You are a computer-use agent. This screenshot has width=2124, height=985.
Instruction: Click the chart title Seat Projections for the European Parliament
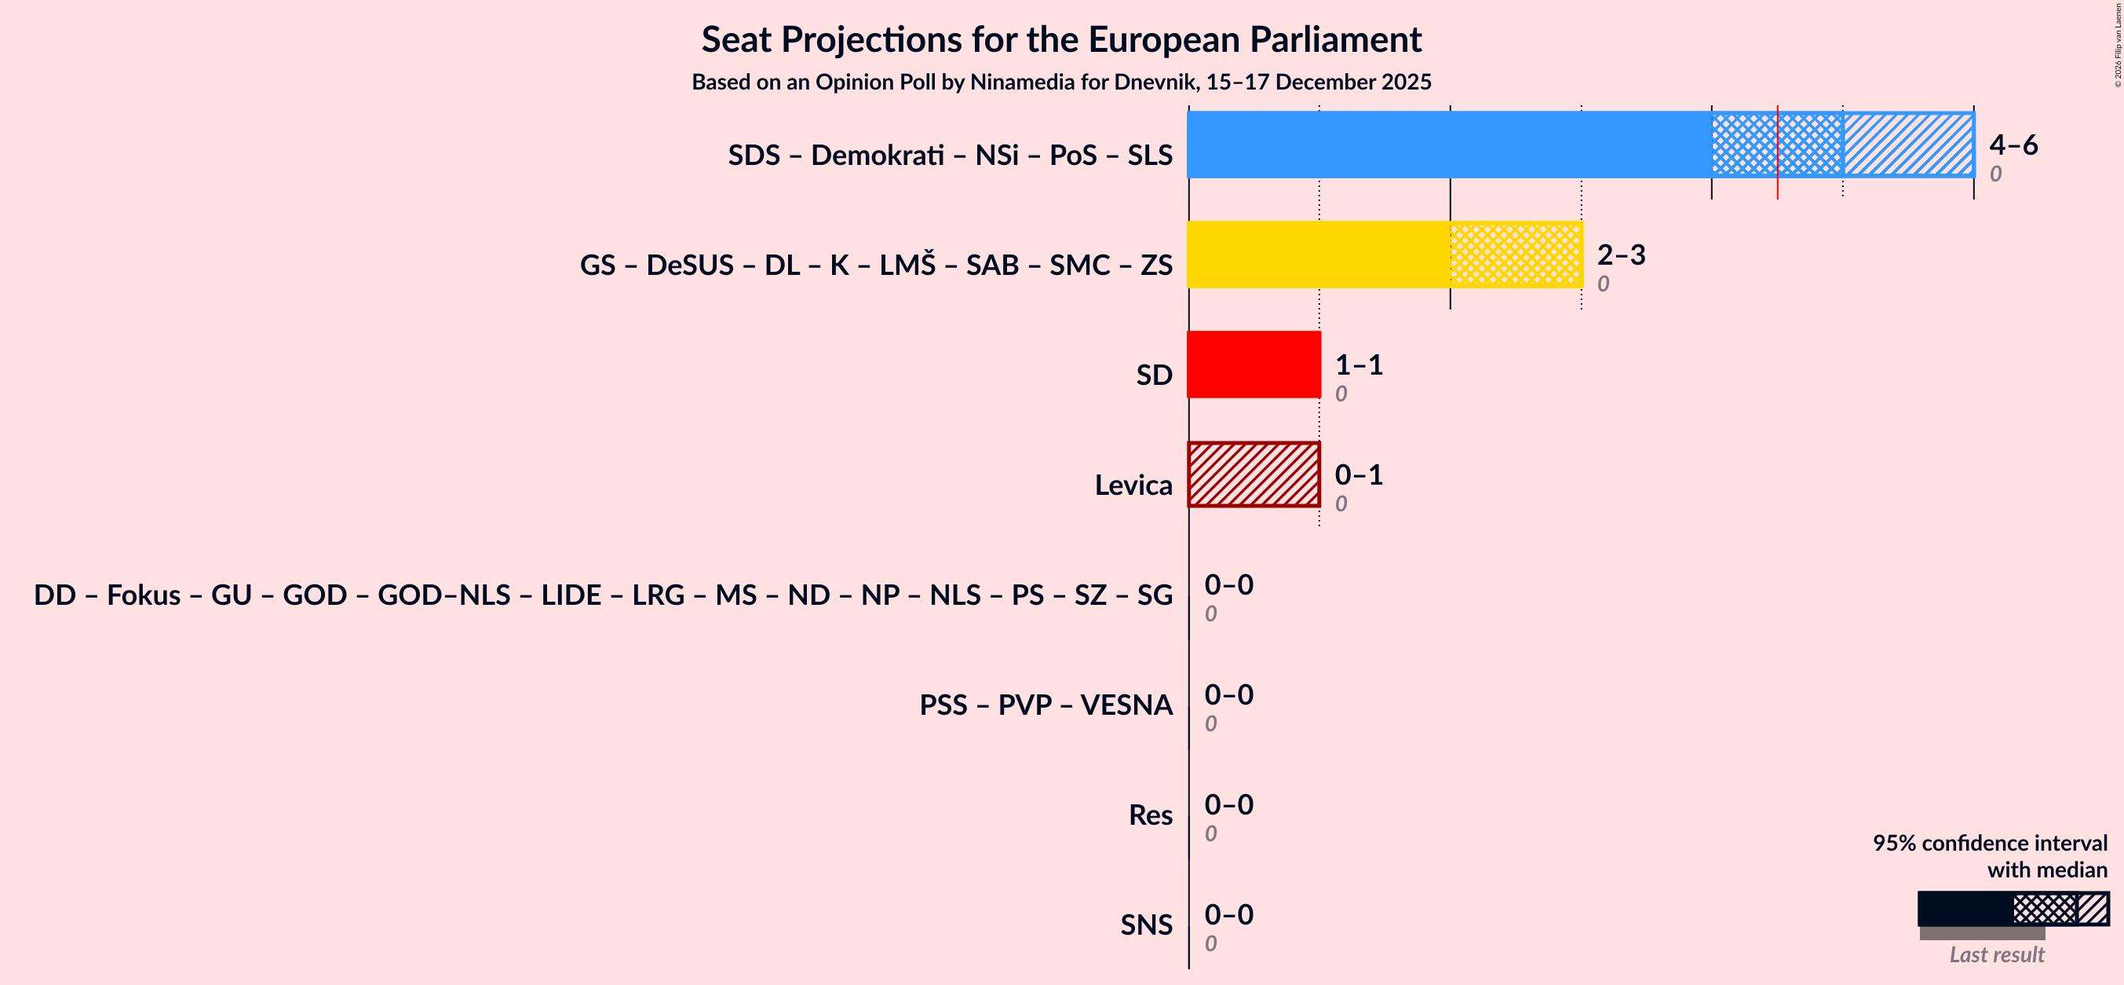(1061, 39)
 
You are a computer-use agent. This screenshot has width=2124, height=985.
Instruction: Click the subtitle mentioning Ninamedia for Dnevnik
(1061, 82)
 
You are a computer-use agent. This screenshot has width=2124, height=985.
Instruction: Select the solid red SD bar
(1254, 364)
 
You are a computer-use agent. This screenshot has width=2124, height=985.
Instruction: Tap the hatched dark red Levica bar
(1254, 474)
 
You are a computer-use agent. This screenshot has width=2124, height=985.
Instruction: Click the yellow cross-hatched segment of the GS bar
(1516, 254)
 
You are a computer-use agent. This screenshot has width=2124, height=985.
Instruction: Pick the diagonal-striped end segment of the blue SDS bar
(1908, 145)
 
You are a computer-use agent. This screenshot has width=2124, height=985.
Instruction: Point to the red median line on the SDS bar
(1778, 152)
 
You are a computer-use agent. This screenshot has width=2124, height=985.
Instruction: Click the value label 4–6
(2013, 145)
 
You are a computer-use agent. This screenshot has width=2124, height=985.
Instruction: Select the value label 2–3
(1620, 255)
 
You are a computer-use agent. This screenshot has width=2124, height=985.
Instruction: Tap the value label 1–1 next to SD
(1358, 364)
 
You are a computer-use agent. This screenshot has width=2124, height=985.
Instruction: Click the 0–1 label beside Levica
(1358, 474)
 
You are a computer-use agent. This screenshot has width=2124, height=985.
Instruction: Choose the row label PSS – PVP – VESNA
(1046, 705)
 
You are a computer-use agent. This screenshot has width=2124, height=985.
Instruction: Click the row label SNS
(1145, 925)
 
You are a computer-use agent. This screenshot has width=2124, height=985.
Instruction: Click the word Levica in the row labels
(1133, 485)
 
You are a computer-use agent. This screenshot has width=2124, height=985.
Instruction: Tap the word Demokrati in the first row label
(878, 155)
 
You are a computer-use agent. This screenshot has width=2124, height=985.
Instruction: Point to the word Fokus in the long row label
(144, 595)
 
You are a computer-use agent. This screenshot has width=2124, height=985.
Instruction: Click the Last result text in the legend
(1996, 954)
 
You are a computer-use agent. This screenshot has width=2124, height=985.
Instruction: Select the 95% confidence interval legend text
(1989, 843)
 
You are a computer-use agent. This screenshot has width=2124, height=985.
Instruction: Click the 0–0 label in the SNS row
(1228, 914)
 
